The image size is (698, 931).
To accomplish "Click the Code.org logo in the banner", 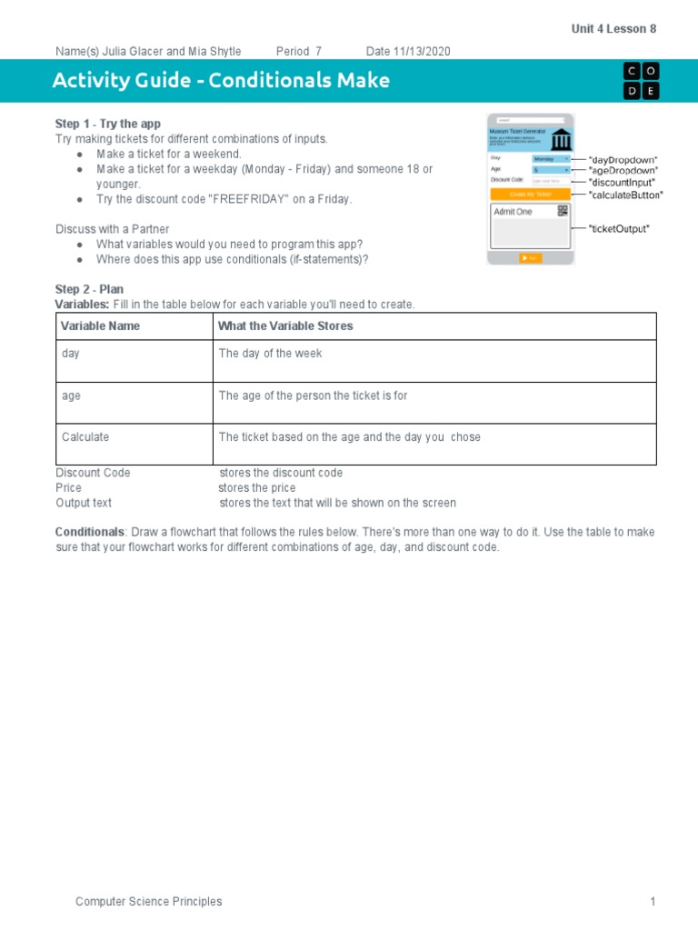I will click(x=641, y=80).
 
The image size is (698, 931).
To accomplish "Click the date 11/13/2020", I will click(x=421, y=51).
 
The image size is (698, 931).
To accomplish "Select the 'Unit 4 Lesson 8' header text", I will click(x=613, y=29).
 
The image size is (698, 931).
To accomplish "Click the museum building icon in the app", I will click(x=561, y=140).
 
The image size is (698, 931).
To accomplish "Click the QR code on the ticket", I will click(x=563, y=211).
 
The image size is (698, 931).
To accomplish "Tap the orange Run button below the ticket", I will click(x=530, y=258).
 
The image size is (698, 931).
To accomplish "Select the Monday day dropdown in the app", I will click(x=551, y=158).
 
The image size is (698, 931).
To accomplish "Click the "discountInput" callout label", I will click(x=623, y=183).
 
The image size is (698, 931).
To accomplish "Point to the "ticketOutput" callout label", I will click(x=619, y=228).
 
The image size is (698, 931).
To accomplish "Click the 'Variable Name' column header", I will click(x=100, y=325).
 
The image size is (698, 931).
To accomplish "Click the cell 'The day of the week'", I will click(x=270, y=353).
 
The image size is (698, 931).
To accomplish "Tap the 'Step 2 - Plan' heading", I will click(x=89, y=289).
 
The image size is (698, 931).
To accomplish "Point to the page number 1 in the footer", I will click(x=652, y=901).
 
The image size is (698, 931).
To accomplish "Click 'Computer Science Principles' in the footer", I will click(x=148, y=901).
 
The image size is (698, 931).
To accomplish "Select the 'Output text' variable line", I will click(x=84, y=502).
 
